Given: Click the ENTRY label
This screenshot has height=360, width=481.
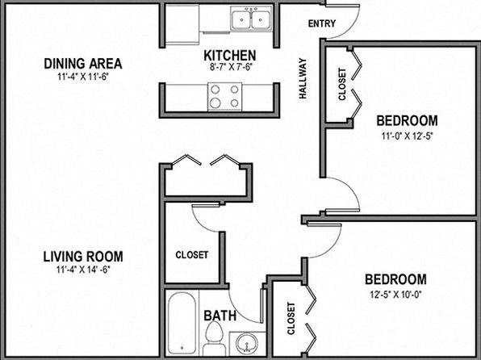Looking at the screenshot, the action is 322,23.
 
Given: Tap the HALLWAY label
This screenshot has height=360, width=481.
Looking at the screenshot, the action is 303,78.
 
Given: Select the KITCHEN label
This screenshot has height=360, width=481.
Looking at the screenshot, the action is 230,56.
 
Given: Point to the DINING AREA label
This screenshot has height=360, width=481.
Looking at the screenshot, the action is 83,64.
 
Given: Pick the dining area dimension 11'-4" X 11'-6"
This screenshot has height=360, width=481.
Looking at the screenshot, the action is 83,77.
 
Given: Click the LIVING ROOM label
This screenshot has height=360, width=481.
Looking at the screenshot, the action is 83,257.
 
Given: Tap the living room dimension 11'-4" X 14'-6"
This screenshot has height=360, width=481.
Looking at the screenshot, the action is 83,270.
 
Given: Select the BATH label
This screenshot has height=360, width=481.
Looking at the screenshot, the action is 220,316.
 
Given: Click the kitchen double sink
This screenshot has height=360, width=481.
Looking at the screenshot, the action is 251,19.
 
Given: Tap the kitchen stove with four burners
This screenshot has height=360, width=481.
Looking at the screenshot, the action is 225,97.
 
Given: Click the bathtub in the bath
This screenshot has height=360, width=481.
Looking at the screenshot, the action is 182,323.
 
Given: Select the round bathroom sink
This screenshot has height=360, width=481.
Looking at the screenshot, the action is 247,343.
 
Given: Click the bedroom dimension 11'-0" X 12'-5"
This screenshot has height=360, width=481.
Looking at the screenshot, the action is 407,136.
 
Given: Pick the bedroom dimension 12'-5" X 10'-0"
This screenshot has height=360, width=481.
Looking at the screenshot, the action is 395,295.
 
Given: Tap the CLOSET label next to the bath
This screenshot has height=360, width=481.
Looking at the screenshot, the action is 192,255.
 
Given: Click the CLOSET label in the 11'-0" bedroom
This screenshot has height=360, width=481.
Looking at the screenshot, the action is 342,84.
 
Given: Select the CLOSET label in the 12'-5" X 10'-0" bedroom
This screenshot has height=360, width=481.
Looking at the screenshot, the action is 291,318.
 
